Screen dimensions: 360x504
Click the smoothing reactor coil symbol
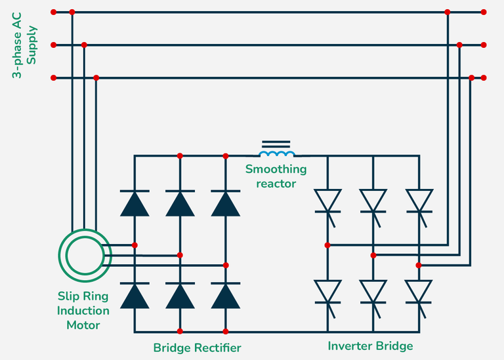coord(277,153)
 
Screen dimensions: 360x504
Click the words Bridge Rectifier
coord(197,348)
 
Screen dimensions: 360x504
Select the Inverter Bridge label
coord(370,346)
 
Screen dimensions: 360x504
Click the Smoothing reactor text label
coord(276,176)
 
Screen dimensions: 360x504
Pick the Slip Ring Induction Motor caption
coord(83,311)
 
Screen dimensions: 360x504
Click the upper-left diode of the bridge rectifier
coord(135,203)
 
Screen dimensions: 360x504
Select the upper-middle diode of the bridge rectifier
coord(180,203)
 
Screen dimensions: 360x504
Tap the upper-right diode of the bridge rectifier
coord(226,203)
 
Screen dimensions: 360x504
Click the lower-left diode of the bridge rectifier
coord(135,296)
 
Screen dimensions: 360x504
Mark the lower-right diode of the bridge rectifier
coord(226,296)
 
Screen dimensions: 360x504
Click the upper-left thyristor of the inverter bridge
coord(327,199)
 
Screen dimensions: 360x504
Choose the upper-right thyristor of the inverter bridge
coord(419,199)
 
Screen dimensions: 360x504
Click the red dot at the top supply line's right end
coord(484,12)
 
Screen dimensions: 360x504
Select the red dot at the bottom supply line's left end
coord(53,78)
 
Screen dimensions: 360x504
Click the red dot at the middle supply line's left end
coord(53,45)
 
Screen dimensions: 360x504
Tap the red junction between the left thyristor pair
coord(327,245)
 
